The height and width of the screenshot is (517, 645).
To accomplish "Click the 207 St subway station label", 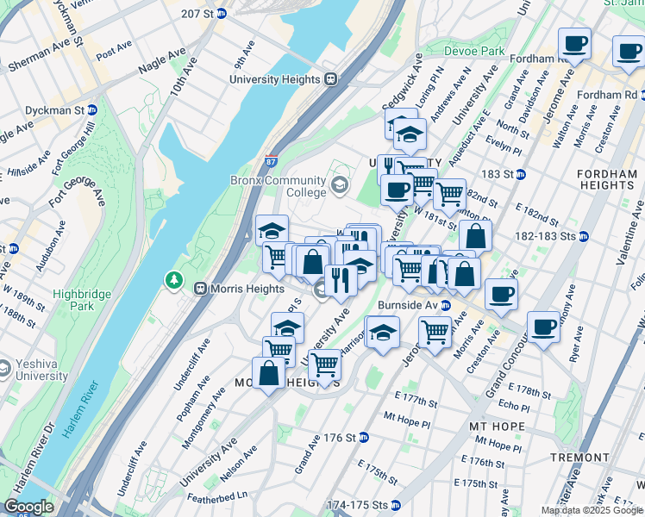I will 197,14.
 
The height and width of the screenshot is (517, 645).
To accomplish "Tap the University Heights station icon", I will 330,79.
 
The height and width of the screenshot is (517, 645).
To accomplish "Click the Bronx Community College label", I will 278,186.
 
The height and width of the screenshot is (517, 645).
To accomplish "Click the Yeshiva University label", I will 39,370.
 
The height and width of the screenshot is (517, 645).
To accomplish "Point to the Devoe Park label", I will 473,51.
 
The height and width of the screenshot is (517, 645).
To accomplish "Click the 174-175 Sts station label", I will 357,504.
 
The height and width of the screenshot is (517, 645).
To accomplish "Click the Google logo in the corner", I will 28,507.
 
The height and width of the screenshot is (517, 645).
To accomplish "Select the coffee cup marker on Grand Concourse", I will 543,328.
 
